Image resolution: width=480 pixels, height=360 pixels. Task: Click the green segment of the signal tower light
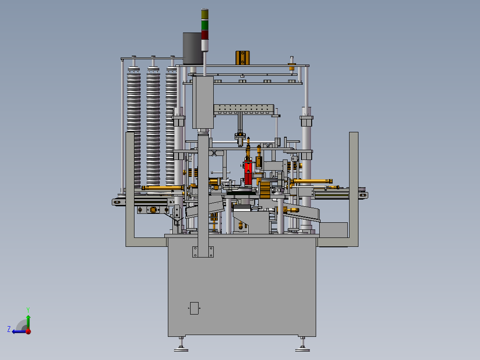[x=205, y=25]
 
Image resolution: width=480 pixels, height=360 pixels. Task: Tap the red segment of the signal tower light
[x=205, y=35]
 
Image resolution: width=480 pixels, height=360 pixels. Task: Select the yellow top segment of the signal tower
[x=205, y=14]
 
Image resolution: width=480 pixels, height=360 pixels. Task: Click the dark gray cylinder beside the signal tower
[x=192, y=49]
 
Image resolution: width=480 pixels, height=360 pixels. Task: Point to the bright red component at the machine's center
[x=248, y=172]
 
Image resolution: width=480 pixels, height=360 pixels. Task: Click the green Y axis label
[x=28, y=310]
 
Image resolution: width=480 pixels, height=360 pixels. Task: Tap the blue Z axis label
[x=9, y=329]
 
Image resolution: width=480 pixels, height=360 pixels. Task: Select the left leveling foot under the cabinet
[x=181, y=344]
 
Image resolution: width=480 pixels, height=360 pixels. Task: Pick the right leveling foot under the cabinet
[x=302, y=344]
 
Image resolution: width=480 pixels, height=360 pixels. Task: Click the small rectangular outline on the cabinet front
[x=195, y=308]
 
